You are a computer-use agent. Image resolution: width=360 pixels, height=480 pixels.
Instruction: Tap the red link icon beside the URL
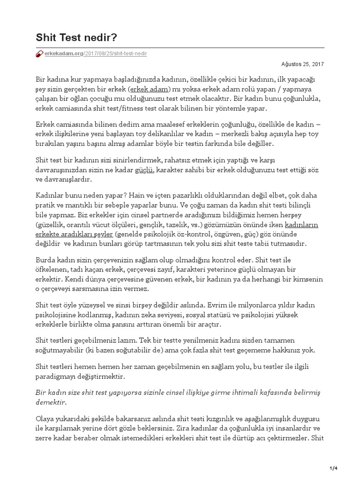point(39,54)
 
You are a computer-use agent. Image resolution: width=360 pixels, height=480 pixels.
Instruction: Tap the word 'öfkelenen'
point(51,269)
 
